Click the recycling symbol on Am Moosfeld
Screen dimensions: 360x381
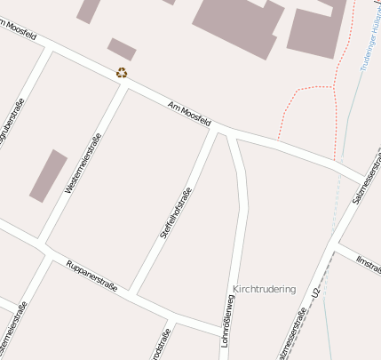122,73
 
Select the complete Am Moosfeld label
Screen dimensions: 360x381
189,114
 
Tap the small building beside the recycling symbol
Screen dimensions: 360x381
122,49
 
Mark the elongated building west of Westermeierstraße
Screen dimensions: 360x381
48,175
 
